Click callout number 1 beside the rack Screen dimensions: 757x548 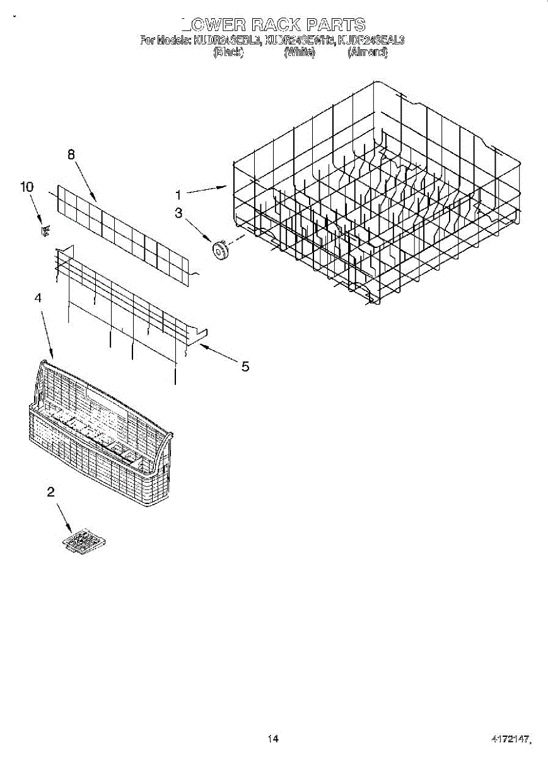(178, 196)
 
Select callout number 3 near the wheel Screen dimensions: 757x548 (178, 214)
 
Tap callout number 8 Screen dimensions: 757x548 (71, 154)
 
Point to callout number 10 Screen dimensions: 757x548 (26, 187)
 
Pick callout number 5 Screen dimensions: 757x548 (244, 367)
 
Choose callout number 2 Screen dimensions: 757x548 (50, 493)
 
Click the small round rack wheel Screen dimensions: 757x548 (221, 249)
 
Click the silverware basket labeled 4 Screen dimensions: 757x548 (101, 442)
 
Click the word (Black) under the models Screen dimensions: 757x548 (228, 53)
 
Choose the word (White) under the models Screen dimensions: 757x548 (299, 53)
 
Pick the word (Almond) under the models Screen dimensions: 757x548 (368, 53)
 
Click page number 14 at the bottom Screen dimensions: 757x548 (273, 739)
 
